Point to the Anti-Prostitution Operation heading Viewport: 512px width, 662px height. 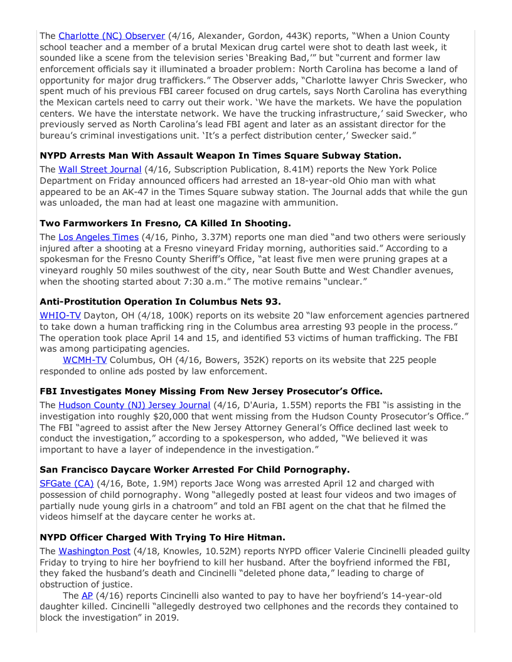click(x=160, y=301)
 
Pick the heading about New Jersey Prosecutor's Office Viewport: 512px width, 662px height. click(x=211, y=391)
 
